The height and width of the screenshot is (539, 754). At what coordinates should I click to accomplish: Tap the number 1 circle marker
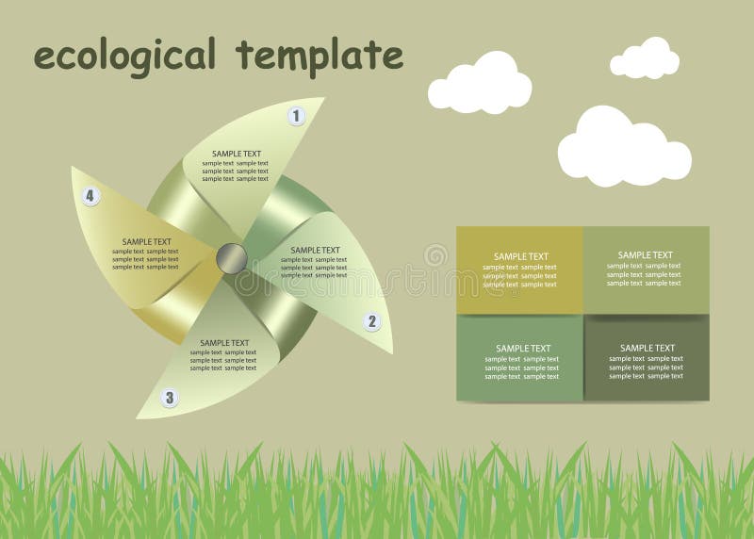[297, 116]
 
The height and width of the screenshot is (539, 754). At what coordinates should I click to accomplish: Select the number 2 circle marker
[372, 321]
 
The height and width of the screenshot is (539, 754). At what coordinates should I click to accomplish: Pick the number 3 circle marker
[170, 398]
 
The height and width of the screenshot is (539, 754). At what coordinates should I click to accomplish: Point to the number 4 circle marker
[90, 196]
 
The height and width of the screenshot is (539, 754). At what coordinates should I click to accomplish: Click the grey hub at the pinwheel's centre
[231, 257]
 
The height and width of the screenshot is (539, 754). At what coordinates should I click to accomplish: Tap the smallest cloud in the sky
[645, 58]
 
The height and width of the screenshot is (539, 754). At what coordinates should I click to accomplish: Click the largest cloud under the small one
[623, 147]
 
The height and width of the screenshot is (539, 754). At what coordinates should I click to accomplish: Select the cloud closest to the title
[480, 83]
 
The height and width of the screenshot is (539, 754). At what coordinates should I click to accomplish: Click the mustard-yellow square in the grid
[519, 269]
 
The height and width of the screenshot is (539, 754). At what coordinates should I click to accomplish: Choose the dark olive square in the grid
[646, 358]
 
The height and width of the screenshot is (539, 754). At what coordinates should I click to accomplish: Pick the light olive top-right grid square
[646, 269]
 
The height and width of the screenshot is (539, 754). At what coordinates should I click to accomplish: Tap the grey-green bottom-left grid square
[519, 358]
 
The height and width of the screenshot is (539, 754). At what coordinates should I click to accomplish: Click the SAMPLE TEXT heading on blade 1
[237, 154]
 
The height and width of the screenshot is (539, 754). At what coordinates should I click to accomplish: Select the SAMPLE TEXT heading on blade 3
[224, 343]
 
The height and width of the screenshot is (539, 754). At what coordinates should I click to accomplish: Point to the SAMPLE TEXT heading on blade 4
[147, 242]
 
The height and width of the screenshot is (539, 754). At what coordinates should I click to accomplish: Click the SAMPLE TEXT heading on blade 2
[316, 250]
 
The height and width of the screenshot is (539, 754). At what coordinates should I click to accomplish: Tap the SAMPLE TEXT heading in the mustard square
[521, 256]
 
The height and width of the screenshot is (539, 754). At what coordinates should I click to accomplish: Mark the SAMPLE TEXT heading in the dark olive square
[647, 348]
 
